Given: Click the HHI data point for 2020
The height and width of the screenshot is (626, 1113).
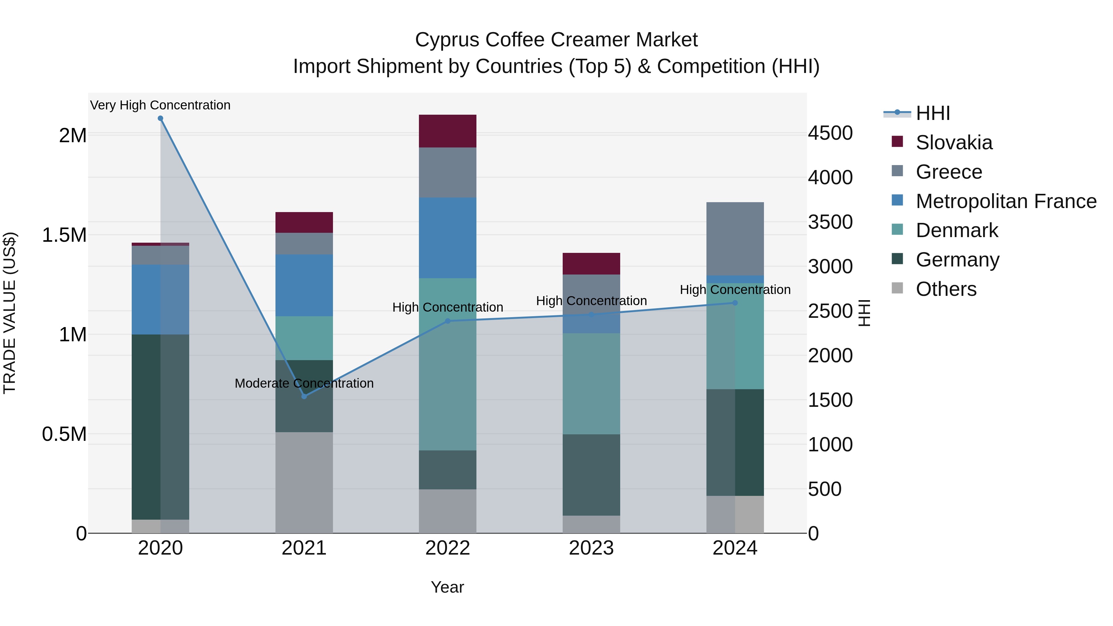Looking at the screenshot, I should coord(160,118).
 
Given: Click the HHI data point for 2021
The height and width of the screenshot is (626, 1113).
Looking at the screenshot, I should coord(304,396).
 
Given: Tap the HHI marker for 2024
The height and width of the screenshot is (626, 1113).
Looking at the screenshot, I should coord(735,303).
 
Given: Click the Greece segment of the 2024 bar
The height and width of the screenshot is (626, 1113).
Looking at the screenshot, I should coord(735,238).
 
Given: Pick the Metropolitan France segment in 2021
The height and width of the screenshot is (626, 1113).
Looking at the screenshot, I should coord(304,285).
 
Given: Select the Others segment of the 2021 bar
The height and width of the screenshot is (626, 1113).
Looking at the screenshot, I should coord(304,482).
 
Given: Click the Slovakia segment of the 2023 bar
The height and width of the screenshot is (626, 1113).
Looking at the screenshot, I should coord(591,263).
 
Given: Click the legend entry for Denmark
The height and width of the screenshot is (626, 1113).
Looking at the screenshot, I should coord(957,230).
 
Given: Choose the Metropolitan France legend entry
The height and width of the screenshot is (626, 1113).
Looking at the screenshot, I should coord(1006,201).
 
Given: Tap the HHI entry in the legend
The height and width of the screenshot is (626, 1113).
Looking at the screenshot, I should coord(932,113).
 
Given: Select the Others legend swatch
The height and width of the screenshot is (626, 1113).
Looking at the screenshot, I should coord(898,288).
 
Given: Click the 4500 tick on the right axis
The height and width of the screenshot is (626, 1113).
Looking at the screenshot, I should coord(830,133).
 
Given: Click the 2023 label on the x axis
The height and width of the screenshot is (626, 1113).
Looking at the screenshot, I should coord(591,548).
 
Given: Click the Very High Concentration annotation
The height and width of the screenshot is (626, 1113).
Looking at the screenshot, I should coord(160,105).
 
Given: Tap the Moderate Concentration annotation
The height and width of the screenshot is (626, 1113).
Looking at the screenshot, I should coord(304,383).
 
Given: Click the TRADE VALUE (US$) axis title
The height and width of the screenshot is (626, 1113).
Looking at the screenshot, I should coord(10,313).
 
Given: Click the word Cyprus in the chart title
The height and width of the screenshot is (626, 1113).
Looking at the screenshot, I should coord(447,40).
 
